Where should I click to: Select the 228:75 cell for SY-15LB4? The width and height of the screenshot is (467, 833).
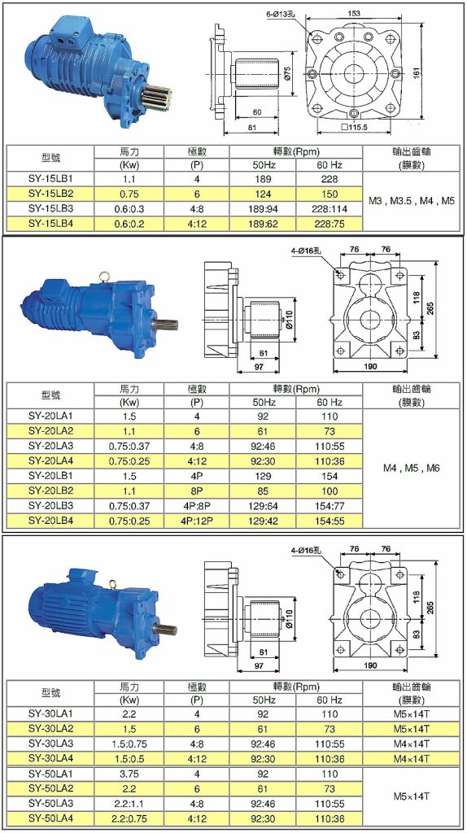coord(329,222)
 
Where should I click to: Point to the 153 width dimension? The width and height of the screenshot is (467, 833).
coord(355,14)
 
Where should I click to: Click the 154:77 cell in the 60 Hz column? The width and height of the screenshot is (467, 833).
coord(329,505)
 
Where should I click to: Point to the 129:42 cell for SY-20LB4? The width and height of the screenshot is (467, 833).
coord(263,519)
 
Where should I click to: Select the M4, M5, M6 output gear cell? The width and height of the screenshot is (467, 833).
coord(410,469)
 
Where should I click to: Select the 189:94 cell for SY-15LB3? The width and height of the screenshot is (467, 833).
coord(263,208)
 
